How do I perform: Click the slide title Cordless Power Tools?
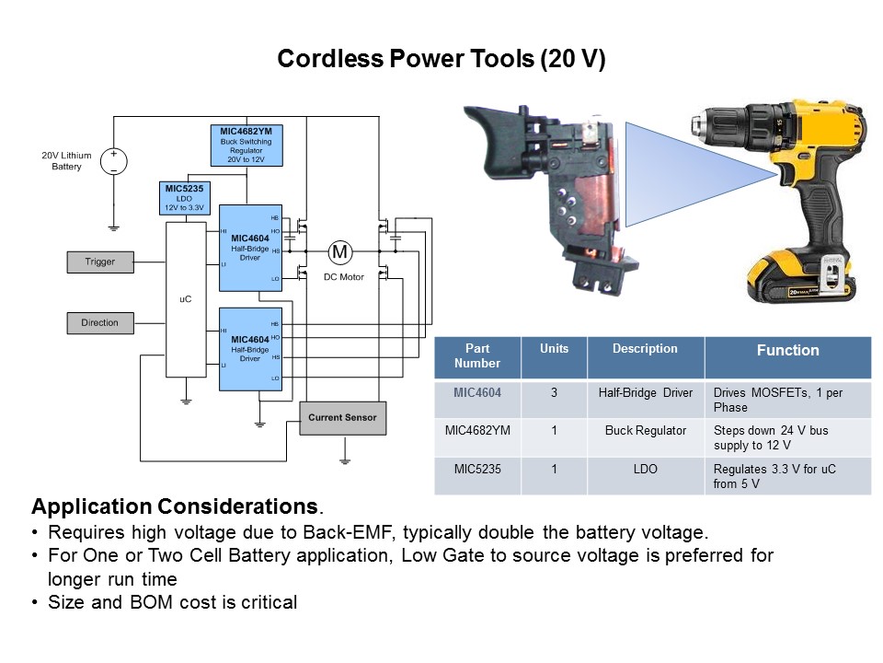(441, 60)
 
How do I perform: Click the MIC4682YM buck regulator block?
(246, 145)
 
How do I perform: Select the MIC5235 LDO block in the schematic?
(183, 198)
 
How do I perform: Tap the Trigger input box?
(100, 262)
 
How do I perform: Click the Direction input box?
(100, 323)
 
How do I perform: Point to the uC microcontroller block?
(185, 299)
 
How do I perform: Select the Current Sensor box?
(342, 418)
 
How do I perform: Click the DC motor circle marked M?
(340, 252)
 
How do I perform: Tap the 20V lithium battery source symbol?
(114, 160)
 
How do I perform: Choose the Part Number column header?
(477, 356)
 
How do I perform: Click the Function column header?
(787, 351)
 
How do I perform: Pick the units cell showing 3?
(555, 393)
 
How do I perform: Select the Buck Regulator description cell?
(646, 430)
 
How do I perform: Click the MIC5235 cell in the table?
(477, 469)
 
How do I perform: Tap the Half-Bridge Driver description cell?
(646, 393)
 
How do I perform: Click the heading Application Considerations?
(175, 507)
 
